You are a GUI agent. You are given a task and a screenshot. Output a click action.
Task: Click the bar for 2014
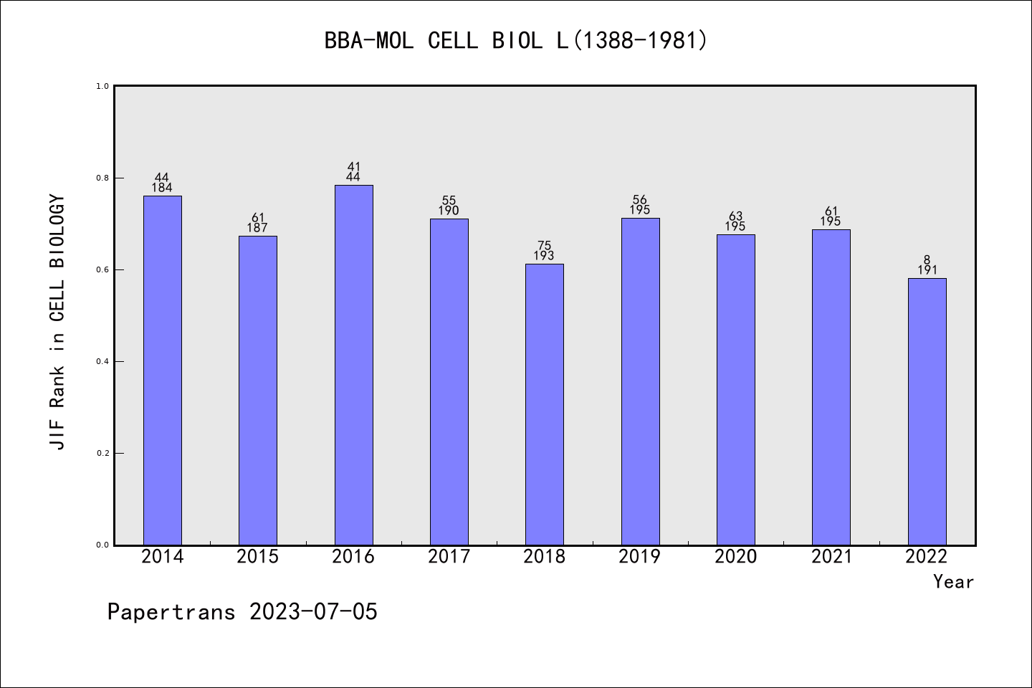coord(163,370)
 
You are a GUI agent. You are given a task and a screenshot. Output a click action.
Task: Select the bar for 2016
coord(353,365)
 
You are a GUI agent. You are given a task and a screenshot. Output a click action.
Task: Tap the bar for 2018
coord(545,404)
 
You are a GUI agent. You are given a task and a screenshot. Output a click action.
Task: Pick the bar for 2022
coord(927,411)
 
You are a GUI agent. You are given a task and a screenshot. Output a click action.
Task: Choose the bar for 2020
coord(736,389)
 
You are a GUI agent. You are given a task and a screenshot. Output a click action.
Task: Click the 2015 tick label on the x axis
coord(258,557)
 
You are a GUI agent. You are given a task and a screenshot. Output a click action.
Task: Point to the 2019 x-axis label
coord(640,557)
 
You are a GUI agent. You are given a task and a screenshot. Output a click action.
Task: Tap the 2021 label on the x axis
coord(831,557)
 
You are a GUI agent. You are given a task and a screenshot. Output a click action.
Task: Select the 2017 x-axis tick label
coord(449,557)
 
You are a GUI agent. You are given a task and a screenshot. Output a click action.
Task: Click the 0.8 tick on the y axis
coord(102,178)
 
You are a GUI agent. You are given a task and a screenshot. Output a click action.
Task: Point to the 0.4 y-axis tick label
coord(102,361)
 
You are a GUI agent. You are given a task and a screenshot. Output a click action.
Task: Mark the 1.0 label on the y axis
coord(102,86)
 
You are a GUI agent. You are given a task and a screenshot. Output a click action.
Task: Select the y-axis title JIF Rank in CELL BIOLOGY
coord(57,322)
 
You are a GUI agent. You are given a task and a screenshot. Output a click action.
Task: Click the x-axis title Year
coord(953,582)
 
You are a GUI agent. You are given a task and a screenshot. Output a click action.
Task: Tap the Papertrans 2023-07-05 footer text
coord(242,612)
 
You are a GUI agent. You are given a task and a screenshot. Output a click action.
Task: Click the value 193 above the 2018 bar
coord(545,256)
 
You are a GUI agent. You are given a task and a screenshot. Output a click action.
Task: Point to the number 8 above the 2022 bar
coord(927,260)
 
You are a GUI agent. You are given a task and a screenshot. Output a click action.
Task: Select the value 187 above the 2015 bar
coord(258,228)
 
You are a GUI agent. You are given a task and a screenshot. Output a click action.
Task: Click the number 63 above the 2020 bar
coord(736,216)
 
